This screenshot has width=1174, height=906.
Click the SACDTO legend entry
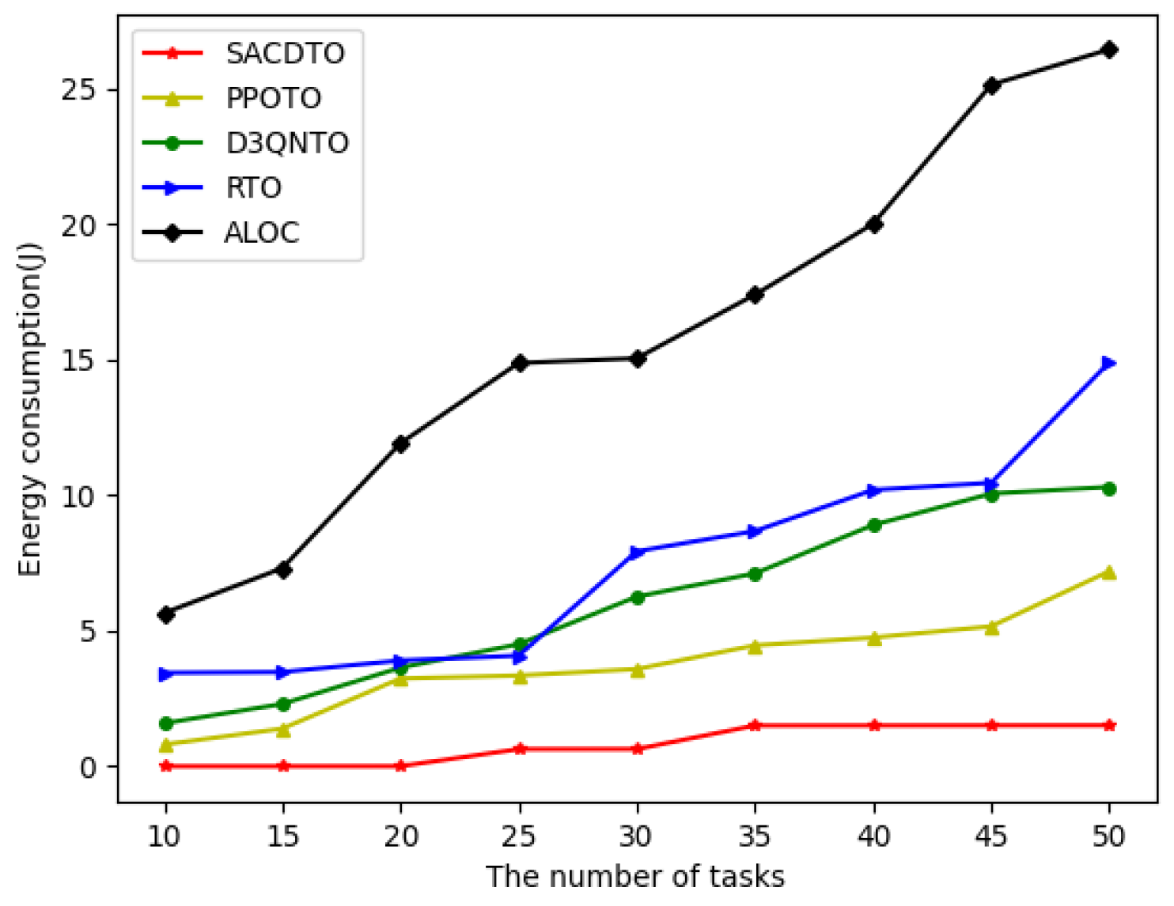coord(285,54)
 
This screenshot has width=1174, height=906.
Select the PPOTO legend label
coord(273,99)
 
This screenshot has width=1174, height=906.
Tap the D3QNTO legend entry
coord(287,143)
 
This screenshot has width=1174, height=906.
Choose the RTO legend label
coord(253,188)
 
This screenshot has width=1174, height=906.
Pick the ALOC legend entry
coord(262,233)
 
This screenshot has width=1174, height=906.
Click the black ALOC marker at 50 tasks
coord(1109,50)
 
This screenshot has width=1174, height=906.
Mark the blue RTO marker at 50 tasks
coord(1109,363)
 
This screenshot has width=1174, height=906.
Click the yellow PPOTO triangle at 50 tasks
coord(1109,572)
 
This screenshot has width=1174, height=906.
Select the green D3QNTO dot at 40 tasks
coord(874,525)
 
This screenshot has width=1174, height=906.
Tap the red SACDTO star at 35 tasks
coord(755,725)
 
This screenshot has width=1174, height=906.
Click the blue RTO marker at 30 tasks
coord(638,552)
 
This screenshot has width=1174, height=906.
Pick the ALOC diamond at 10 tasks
coord(166,614)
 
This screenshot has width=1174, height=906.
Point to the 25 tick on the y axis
coord(78,90)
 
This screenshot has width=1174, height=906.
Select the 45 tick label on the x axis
coord(991,836)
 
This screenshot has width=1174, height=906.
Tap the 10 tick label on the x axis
coord(165,836)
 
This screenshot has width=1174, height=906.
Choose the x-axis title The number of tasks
coord(635,877)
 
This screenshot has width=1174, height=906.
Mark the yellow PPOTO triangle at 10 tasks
coord(166,744)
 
